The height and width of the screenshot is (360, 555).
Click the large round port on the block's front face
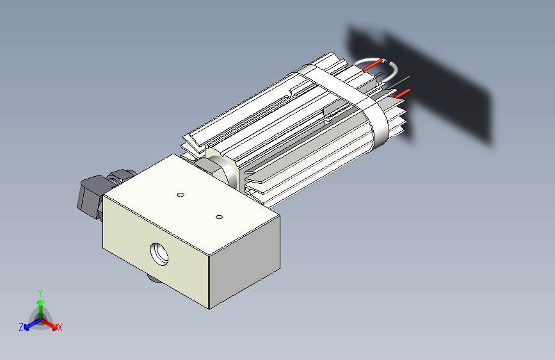pyautogui.click(x=159, y=254)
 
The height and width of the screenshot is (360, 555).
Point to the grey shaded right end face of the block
pyautogui.click(x=245, y=262)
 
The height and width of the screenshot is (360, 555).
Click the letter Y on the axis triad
pyautogui.click(x=40, y=293)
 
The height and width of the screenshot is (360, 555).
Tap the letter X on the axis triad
pyautogui.click(x=60, y=328)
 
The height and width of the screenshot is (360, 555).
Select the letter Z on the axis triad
pyautogui.click(x=21, y=327)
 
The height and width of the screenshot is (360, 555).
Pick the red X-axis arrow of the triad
pyautogui.click(x=49, y=324)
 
